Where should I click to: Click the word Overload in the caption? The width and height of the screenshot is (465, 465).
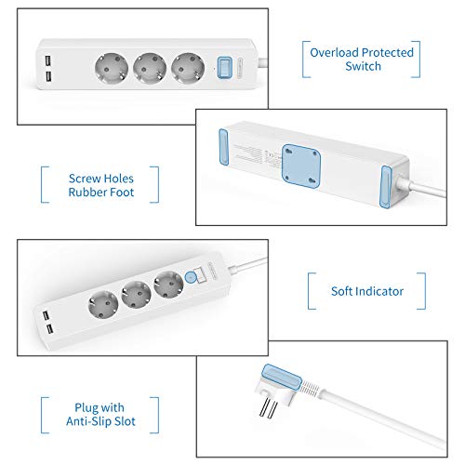click(334, 52)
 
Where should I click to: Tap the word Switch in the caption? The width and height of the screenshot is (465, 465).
click(363, 66)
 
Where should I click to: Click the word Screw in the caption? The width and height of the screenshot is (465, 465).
click(84, 179)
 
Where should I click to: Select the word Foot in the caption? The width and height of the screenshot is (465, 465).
click(122, 193)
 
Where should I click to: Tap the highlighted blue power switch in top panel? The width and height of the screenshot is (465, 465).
click(224, 67)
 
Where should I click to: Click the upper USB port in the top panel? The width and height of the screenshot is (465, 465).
click(47, 60)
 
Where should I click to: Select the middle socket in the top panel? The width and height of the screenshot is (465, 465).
click(150, 69)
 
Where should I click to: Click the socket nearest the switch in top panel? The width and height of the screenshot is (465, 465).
click(188, 69)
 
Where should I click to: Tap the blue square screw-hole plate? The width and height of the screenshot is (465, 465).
click(301, 166)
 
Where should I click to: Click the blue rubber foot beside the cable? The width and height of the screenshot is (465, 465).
click(385, 187)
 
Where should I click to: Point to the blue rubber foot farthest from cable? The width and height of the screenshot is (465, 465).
click(223, 147)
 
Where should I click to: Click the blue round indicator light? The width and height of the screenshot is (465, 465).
click(191, 277)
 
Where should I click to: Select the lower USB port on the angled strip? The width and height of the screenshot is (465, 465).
click(49, 329)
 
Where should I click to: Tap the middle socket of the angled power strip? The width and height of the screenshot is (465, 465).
click(136, 295)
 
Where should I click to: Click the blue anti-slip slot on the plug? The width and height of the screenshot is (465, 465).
click(282, 376)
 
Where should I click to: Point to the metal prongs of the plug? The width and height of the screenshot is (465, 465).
click(268, 408)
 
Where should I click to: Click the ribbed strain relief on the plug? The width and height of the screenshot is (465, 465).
click(311, 387)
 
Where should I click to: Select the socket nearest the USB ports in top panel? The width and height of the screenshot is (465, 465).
click(112, 69)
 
